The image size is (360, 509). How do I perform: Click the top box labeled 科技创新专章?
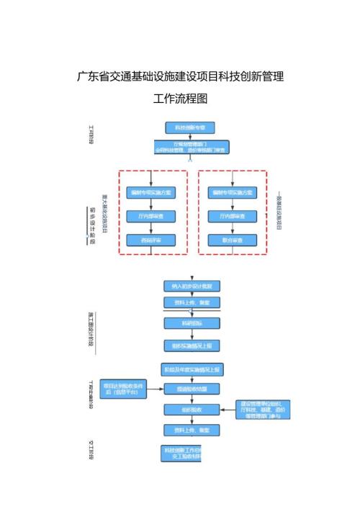[190, 127]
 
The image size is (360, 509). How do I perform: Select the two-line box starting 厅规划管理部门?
[190, 147]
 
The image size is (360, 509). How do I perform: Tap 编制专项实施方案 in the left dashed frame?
[151, 192]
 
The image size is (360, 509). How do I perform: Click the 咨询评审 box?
[151, 240]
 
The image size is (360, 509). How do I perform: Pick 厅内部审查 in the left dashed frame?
[151, 216]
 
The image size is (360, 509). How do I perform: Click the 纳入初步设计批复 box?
[191, 286]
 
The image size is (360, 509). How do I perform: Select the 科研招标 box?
[191, 324]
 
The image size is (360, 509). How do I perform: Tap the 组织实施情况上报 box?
[191, 346]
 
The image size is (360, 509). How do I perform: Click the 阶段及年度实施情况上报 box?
[191, 369]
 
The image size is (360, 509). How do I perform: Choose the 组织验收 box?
[191, 409]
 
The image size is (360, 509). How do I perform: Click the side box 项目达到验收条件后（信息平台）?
[124, 387]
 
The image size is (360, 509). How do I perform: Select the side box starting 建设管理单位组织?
[264, 410]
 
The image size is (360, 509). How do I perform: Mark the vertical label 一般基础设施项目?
[278, 210]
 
